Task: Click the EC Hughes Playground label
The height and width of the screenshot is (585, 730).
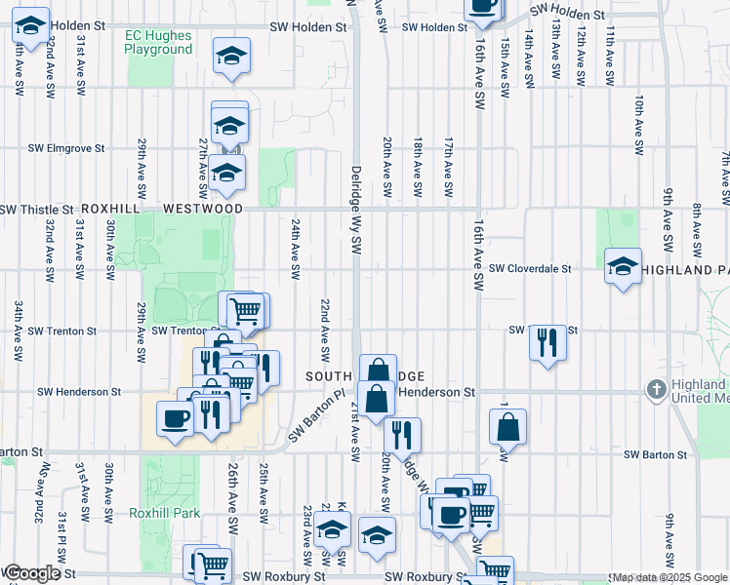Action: (159, 42)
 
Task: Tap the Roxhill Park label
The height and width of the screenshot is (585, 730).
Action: (164, 513)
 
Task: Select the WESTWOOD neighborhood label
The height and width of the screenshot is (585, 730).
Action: (203, 209)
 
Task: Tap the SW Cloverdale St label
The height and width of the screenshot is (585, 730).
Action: (530, 268)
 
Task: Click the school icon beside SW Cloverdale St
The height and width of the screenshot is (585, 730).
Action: (623, 266)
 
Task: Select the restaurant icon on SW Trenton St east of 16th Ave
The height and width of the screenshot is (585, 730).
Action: (548, 342)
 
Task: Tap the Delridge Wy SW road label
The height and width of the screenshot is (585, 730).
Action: (356, 209)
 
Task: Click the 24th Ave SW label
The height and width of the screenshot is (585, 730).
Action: (294, 253)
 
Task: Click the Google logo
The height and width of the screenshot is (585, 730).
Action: (32, 573)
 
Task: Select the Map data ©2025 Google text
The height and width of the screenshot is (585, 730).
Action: (669, 578)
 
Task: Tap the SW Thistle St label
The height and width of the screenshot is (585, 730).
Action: (37, 210)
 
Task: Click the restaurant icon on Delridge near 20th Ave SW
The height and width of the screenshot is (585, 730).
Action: (401, 434)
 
